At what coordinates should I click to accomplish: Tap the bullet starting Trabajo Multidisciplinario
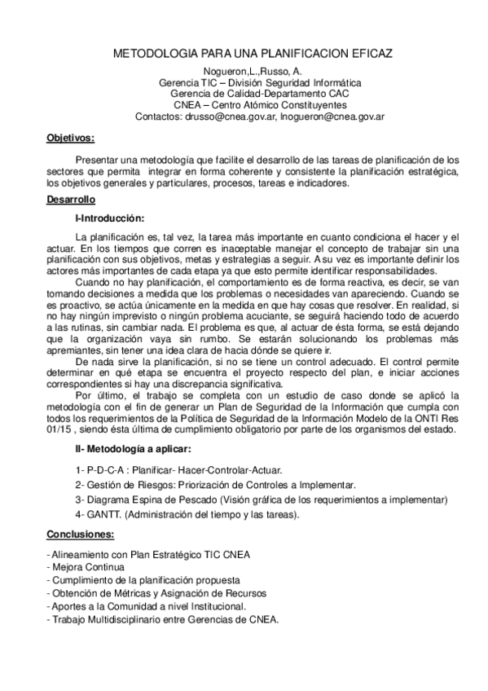point(165,619)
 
